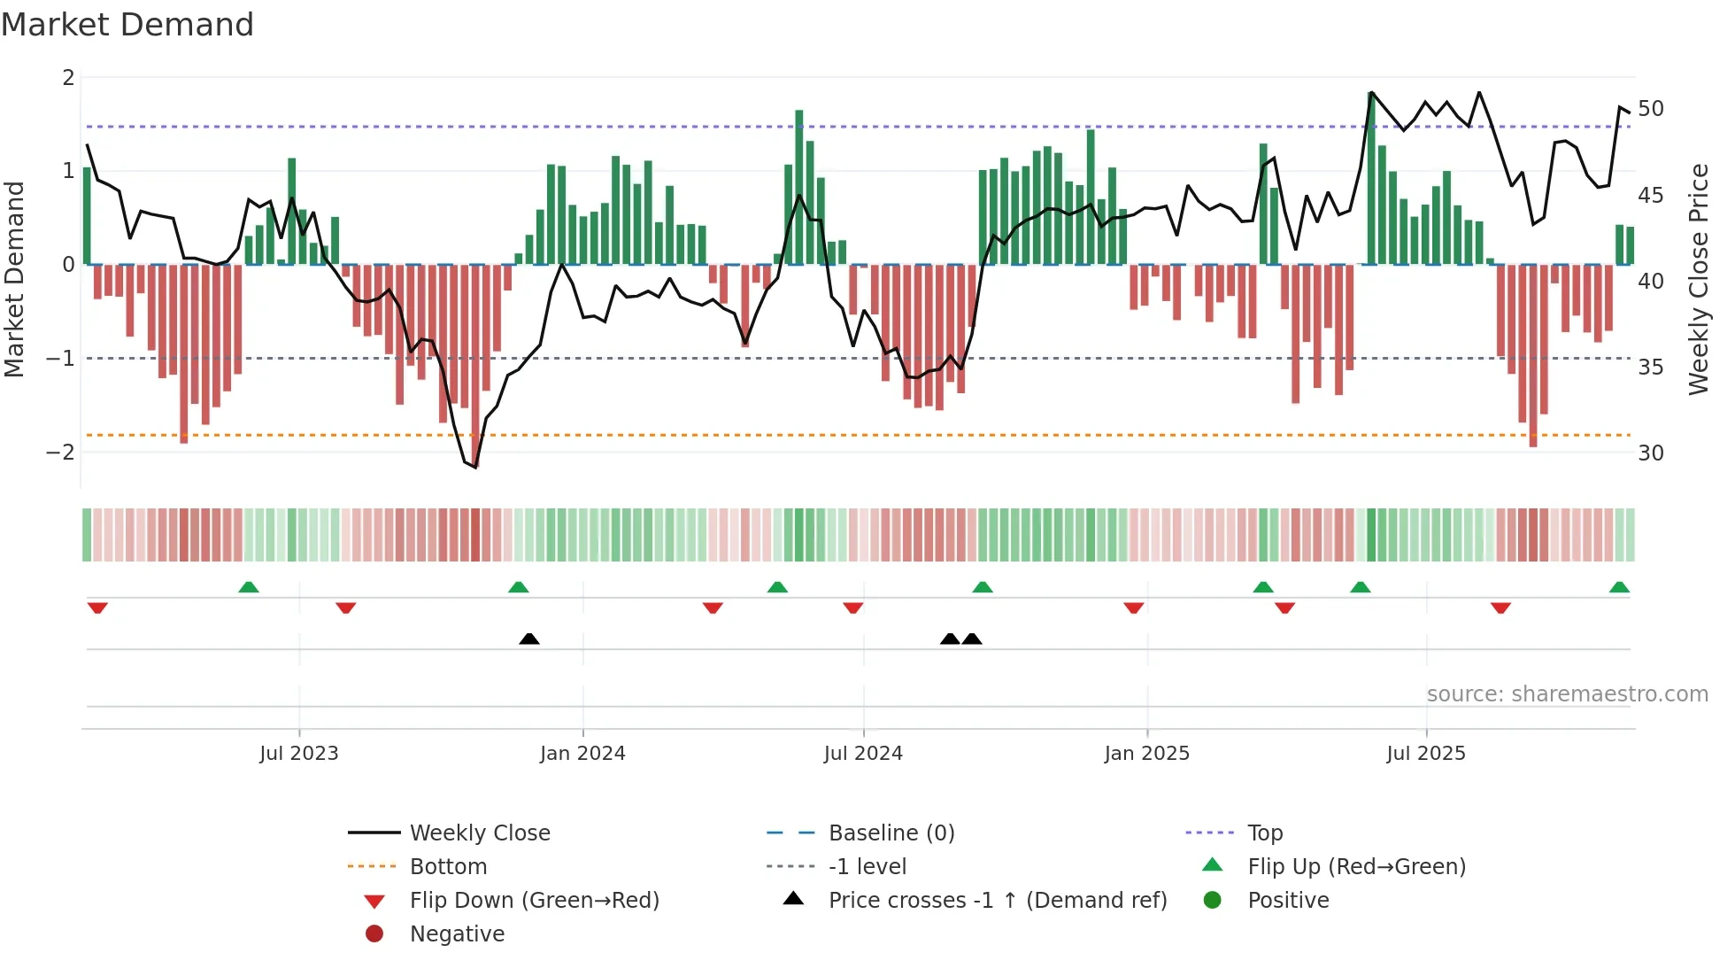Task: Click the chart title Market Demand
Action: point(127,25)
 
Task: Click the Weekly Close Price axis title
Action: point(1698,279)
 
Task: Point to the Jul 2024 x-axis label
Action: point(863,754)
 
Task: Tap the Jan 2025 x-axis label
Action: point(1146,754)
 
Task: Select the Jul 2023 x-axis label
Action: point(299,754)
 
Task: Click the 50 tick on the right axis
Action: point(1651,109)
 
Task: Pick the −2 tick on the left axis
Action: point(60,453)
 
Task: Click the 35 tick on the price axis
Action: point(1651,367)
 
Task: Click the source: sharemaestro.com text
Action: point(1567,694)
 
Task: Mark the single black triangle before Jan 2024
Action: point(529,639)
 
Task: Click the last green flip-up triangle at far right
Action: point(1619,587)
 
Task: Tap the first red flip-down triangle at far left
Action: point(97,608)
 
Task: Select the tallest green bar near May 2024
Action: point(799,186)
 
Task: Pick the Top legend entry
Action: point(1264,833)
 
